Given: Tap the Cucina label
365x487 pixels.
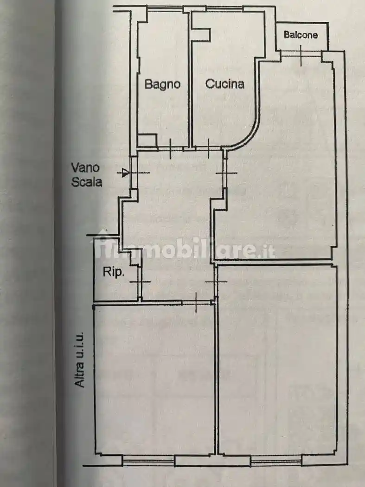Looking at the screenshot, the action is coord(224,84).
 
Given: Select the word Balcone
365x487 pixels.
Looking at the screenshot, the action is coord(301,35).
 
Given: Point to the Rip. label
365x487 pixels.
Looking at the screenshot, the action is coord(113,272).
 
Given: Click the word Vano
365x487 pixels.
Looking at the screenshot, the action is coord(85,168).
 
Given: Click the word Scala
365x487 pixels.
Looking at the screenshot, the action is coord(87,182).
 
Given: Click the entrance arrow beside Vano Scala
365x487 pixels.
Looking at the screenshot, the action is coord(125,173).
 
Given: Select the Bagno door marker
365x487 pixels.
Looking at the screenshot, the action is coord(171,149).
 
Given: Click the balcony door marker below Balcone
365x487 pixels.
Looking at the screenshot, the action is coord(301,56).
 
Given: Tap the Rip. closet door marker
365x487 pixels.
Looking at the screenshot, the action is coord(140,282).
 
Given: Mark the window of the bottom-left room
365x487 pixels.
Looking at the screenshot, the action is coord(148,460).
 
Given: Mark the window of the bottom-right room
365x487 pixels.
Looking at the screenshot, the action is coord(276,460).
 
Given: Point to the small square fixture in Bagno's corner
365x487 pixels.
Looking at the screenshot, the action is coord(147,141).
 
